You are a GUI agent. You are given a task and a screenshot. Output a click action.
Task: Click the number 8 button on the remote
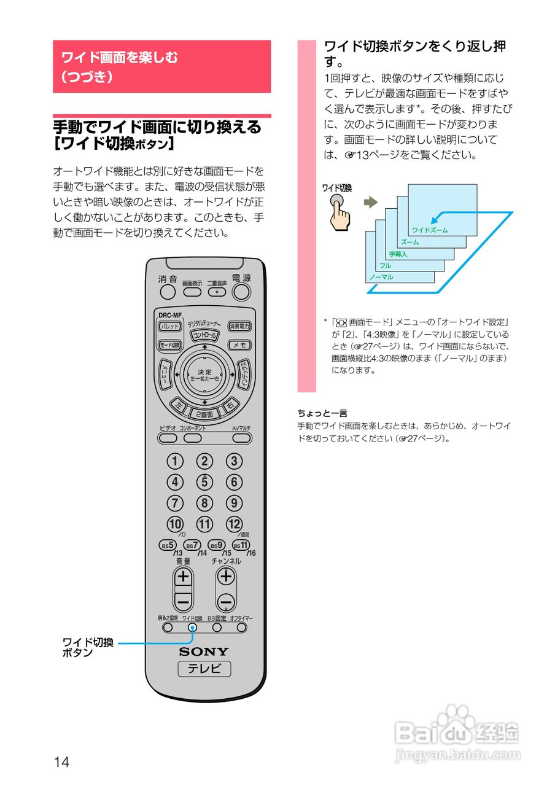tap(204, 504)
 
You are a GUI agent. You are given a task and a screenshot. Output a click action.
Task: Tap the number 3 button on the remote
tap(234, 461)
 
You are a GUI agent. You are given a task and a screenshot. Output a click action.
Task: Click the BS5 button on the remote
tap(168, 545)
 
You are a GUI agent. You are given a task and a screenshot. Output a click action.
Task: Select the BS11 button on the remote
tap(241, 545)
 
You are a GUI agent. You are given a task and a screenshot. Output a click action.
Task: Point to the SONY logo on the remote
tap(204, 652)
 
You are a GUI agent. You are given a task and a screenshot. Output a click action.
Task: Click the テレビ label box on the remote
tap(204, 669)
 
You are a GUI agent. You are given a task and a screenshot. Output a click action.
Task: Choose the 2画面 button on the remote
tap(204, 414)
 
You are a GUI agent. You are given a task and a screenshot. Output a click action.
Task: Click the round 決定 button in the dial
tap(204, 375)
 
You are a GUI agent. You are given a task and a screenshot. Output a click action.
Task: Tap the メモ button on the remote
tap(239, 345)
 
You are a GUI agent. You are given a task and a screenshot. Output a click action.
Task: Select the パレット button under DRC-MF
tap(170, 327)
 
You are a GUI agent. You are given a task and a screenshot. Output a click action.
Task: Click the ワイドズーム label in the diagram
tap(430, 230)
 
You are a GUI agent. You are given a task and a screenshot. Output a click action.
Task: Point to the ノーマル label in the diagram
tap(381, 277)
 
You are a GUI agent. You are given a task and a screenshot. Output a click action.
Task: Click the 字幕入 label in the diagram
tap(398, 254)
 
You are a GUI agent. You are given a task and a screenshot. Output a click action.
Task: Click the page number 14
tap(61, 762)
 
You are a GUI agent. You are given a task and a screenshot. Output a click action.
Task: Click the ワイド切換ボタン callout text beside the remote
tap(88, 648)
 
